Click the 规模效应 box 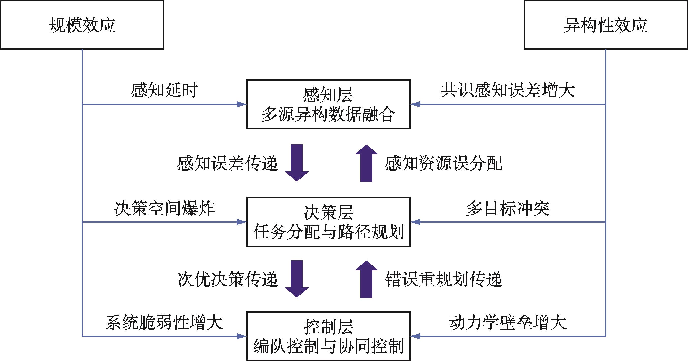click(82, 25)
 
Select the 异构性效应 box click(605, 25)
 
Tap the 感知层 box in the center click(328, 104)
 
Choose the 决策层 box click(328, 222)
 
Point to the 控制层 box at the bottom click(328, 336)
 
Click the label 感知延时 click(164, 90)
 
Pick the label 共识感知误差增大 click(508, 90)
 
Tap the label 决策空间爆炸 click(164, 208)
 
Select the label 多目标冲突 click(508, 208)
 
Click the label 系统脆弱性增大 click(164, 323)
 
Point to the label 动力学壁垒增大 click(508, 323)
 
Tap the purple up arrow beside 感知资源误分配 click(366, 163)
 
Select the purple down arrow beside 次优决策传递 click(297, 279)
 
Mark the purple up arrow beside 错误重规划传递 click(366, 279)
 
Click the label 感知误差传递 click(227, 163)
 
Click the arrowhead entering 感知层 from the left click(241, 104)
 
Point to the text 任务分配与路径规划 click(328, 232)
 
